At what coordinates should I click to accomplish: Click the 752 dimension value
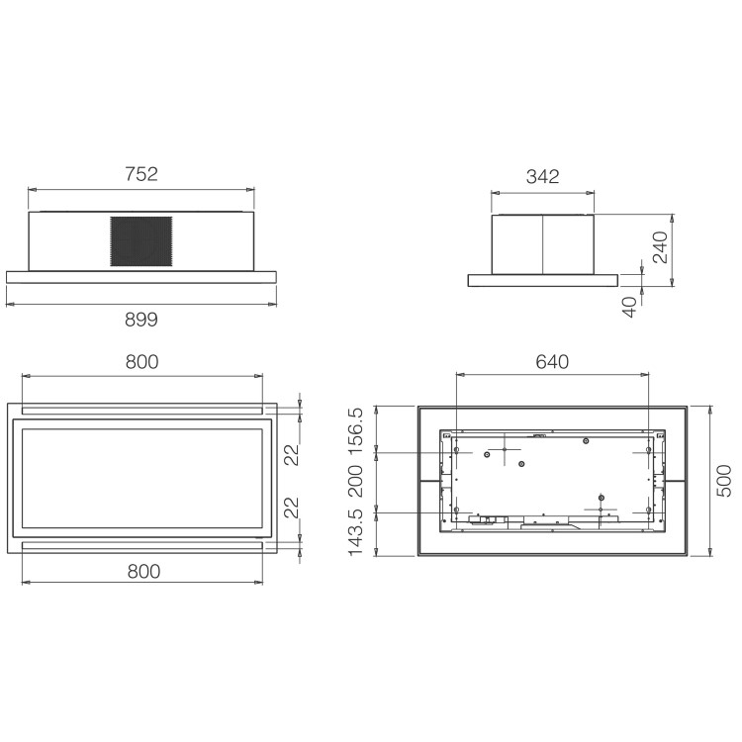click(x=141, y=174)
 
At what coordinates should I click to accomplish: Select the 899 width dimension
click(x=141, y=319)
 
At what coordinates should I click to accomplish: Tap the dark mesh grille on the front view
click(x=141, y=240)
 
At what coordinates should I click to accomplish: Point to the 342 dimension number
click(x=542, y=177)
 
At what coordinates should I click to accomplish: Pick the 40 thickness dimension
click(x=630, y=307)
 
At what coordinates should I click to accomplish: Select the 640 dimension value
click(x=552, y=361)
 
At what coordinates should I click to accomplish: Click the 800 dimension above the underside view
click(x=141, y=362)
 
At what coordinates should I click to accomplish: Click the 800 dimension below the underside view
click(x=141, y=571)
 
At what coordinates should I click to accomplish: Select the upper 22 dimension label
click(x=290, y=454)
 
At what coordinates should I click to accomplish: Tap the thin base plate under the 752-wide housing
click(x=141, y=278)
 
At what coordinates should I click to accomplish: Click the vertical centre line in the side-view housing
click(x=543, y=243)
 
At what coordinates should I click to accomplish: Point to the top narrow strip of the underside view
click(x=141, y=409)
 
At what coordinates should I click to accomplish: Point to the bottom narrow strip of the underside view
click(x=141, y=545)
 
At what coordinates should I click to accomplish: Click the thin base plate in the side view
click(x=542, y=280)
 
